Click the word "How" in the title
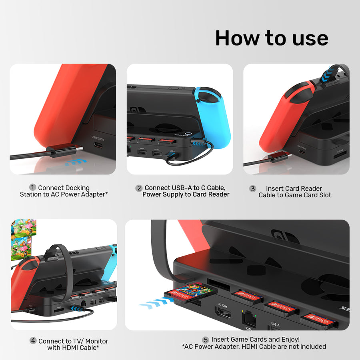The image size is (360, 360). pyautogui.click(x=236, y=38)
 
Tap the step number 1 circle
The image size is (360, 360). pyautogui.click(x=33, y=187)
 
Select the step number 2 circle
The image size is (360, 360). pyautogui.click(x=139, y=188)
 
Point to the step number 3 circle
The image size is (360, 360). pyautogui.click(x=252, y=188)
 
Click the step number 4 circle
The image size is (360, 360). pyautogui.click(x=33, y=341)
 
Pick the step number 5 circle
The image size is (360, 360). pyautogui.click(x=206, y=340)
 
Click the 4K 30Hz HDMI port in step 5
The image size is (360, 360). pyautogui.click(x=223, y=312)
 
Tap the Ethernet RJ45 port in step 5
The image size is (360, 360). pyautogui.click(x=249, y=320)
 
